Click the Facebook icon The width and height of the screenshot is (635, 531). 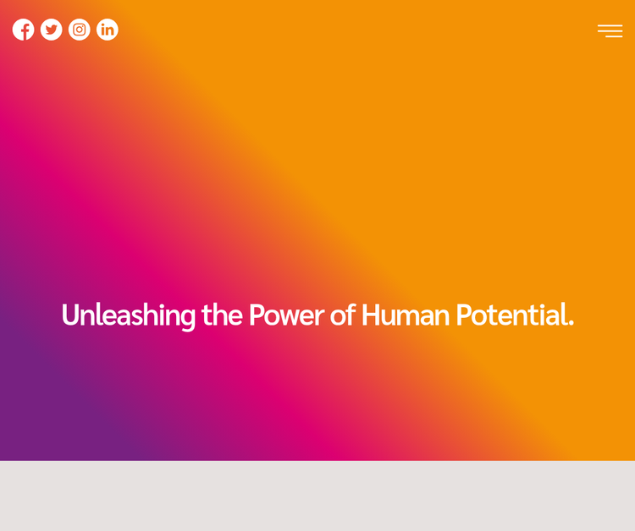tap(23, 30)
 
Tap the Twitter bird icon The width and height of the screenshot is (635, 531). tap(51, 30)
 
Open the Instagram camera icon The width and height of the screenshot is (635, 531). tap(80, 30)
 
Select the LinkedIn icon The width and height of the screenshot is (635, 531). tap(108, 30)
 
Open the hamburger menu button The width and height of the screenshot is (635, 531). tap(610, 30)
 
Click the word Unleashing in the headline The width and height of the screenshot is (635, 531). tap(129, 316)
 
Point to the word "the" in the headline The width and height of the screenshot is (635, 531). tap(222, 315)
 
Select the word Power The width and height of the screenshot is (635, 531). tap(286, 315)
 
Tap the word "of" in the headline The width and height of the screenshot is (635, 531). tap(343, 315)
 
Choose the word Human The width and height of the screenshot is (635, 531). tap(406, 315)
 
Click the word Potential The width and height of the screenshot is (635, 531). tap(512, 315)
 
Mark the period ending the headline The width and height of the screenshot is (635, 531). tap(571, 323)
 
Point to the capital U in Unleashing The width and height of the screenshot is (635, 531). tap(70, 315)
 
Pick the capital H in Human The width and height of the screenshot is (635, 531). tap(371, 315)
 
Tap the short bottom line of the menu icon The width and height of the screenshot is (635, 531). tap(614, 36)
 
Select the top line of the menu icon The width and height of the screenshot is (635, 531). tap(610, 25)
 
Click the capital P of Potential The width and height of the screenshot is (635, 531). tap(463, 315)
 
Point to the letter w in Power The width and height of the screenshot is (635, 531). tap(290, 317)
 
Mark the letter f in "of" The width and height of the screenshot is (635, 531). tap(351, 315)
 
